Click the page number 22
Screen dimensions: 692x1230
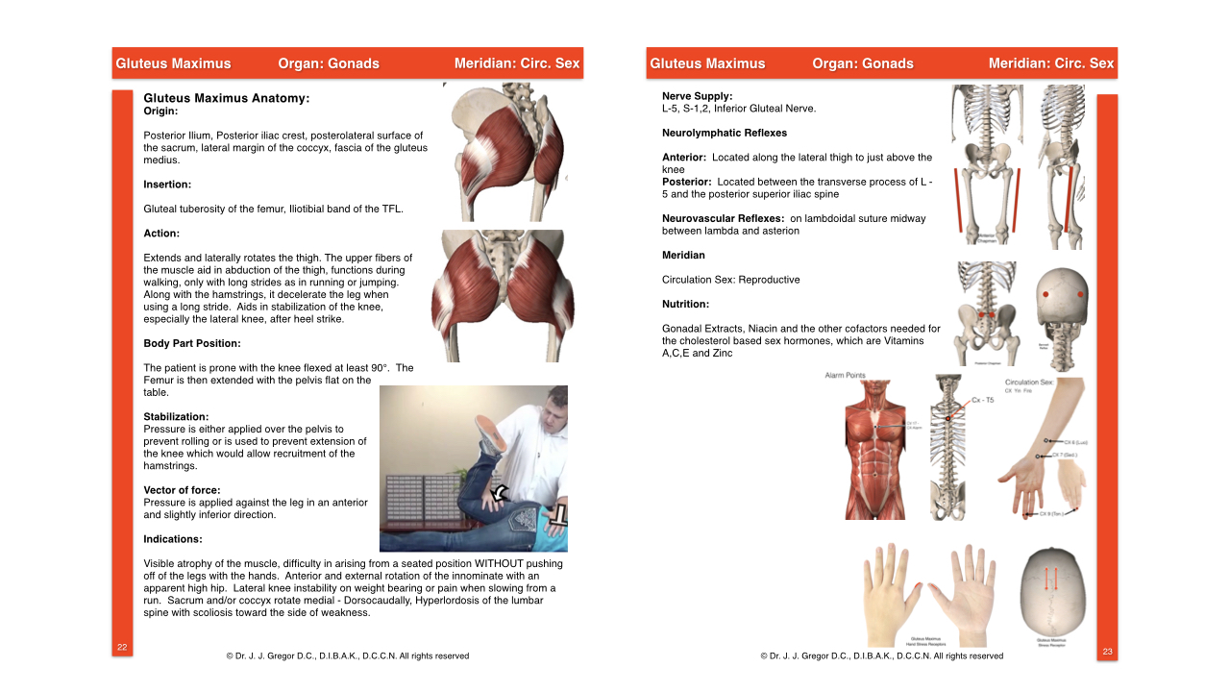pos(122,647)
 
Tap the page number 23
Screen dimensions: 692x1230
pos(1107,652)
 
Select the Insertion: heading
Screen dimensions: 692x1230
pos(167,184)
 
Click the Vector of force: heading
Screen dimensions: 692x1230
pos(182,490)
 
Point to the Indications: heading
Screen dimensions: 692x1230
pos(173,539)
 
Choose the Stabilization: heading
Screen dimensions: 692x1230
pos(176,416)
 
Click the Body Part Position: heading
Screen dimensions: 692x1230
pos(192,343)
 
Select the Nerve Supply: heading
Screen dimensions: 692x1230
pos(697,96)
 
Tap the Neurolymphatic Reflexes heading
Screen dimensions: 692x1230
pos(725,133)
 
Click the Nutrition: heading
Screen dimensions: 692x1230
pos(685,304)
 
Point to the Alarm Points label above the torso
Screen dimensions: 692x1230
pos(847,375)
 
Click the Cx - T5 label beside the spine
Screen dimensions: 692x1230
pos(982,400)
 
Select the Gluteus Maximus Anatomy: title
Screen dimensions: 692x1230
pos(226,98)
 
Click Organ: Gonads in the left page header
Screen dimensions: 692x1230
pos(329,63)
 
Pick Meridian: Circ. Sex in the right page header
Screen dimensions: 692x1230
pos(1051,63)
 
